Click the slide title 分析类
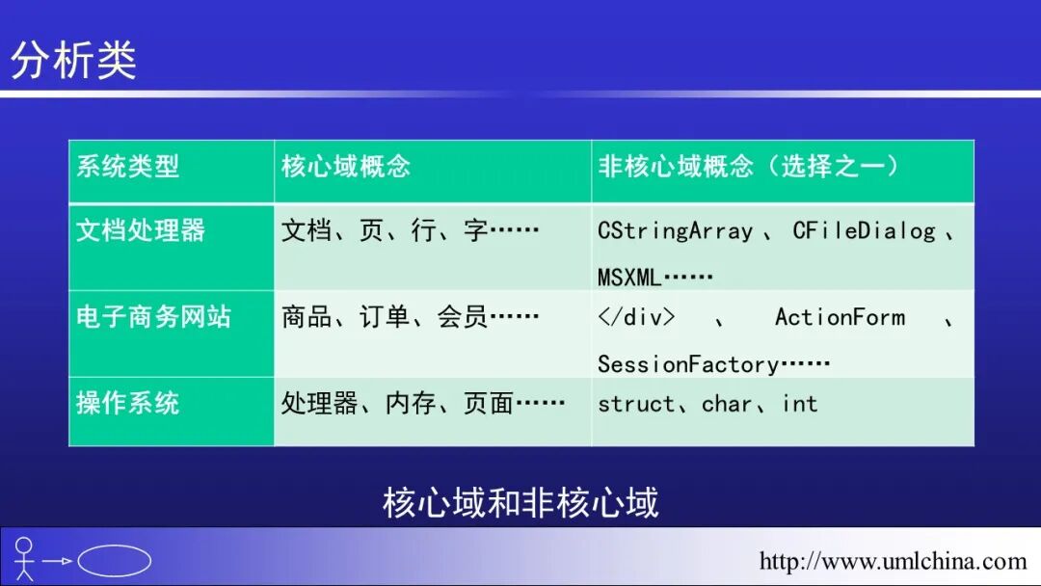coord(73,60)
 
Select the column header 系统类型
coord(127,166)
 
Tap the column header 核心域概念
coord(346,166)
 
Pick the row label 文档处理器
coord(141,230)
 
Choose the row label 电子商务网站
coord(153,317)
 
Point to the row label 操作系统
coord(127,403)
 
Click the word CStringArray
coord(675,231)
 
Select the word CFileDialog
coord(864,231)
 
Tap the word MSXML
coord(629,279)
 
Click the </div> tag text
coord(636,317)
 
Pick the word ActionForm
coord(840,317)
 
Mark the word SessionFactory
coord(687,364)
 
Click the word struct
coord(636,404)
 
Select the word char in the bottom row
coord(727,404)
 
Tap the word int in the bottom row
coord(800,404)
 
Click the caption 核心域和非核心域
coord(520,502)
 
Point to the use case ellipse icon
coord(114,561)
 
